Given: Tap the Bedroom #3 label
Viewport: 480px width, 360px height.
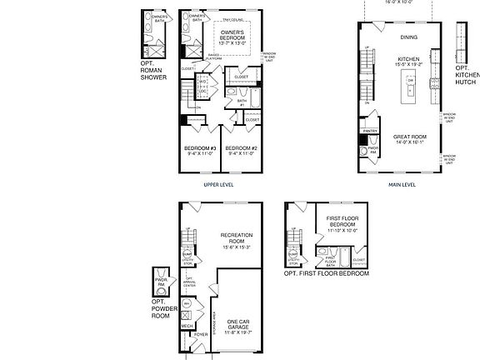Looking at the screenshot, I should coord(200,149).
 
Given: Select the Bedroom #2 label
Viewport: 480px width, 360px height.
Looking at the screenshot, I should coord(241,149).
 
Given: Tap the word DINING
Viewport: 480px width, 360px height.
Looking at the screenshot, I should coord(408,37).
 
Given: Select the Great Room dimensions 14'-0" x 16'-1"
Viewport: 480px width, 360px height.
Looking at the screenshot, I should coord(408,142).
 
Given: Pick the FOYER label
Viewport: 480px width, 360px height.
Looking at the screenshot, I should coord(201,335).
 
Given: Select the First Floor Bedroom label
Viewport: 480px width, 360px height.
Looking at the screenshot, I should coord(342,222).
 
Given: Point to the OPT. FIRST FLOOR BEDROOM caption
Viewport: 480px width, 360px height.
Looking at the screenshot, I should coord(327,273).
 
